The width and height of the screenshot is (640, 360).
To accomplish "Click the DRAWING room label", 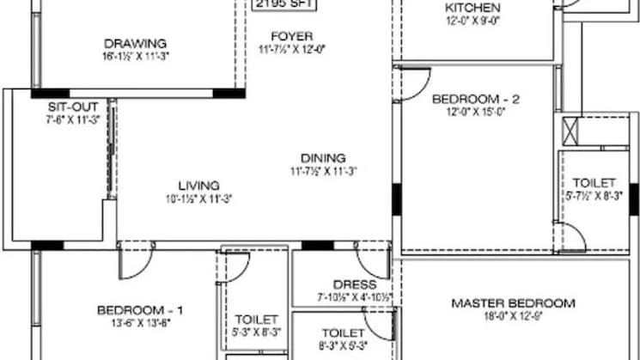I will tap(135, 44).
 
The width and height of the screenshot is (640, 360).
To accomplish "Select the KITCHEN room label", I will tap(472, 8).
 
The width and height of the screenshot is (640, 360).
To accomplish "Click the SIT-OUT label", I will tap(66, 107).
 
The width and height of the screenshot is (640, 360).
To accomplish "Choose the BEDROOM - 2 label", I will tap(476, 98).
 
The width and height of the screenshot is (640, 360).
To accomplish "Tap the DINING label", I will tap(323, 157).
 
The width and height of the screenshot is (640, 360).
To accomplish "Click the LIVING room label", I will tap(198, 185).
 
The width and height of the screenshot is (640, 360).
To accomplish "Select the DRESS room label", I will tap(355, 284).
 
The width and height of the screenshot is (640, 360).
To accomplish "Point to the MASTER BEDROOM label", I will tap(514, 302).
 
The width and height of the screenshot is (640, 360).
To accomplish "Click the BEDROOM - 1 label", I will tap(140, 309).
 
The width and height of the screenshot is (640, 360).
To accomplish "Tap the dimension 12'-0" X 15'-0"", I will tap(476, 110).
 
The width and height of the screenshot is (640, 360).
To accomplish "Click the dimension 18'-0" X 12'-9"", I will tap(514, 315).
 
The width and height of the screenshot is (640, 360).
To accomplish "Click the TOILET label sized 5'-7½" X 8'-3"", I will tap(594, 183).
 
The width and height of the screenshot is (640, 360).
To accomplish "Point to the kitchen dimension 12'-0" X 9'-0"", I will tap(472, 21).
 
